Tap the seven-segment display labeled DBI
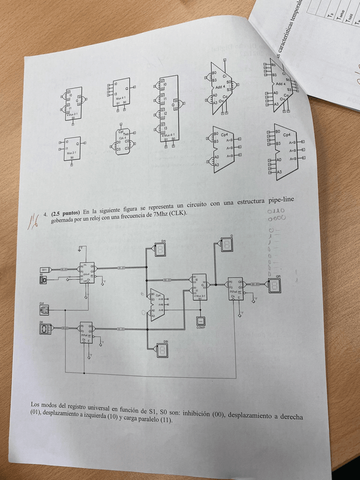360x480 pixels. (x=162, y=350)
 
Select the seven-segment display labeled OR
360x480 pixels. (x=274, y=285)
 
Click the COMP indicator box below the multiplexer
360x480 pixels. (x=200, y=321)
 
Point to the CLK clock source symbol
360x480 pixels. (x=44, y=309)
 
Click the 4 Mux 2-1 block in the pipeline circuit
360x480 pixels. (x=200, y=287)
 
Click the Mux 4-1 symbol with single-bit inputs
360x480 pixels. (x=121, y=93)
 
